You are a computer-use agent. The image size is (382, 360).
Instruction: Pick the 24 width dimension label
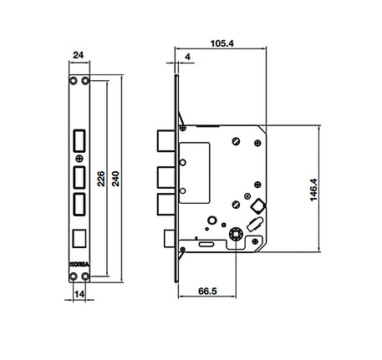[x=79, y=56]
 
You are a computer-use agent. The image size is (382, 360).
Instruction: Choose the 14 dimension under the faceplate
[x=79, y=295]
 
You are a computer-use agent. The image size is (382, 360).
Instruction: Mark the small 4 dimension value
[x=188, y=58]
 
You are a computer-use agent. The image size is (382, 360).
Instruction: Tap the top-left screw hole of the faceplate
[x=73, y=82]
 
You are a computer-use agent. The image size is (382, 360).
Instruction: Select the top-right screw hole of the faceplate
[x=86, y=82]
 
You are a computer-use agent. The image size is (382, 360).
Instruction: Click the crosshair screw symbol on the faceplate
[x=79, y=158]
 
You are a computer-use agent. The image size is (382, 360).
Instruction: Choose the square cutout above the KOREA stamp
[x=79, y=237]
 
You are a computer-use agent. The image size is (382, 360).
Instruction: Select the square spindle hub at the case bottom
[x=236, y=236]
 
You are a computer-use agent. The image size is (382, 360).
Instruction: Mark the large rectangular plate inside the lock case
[x=195, y=171]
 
